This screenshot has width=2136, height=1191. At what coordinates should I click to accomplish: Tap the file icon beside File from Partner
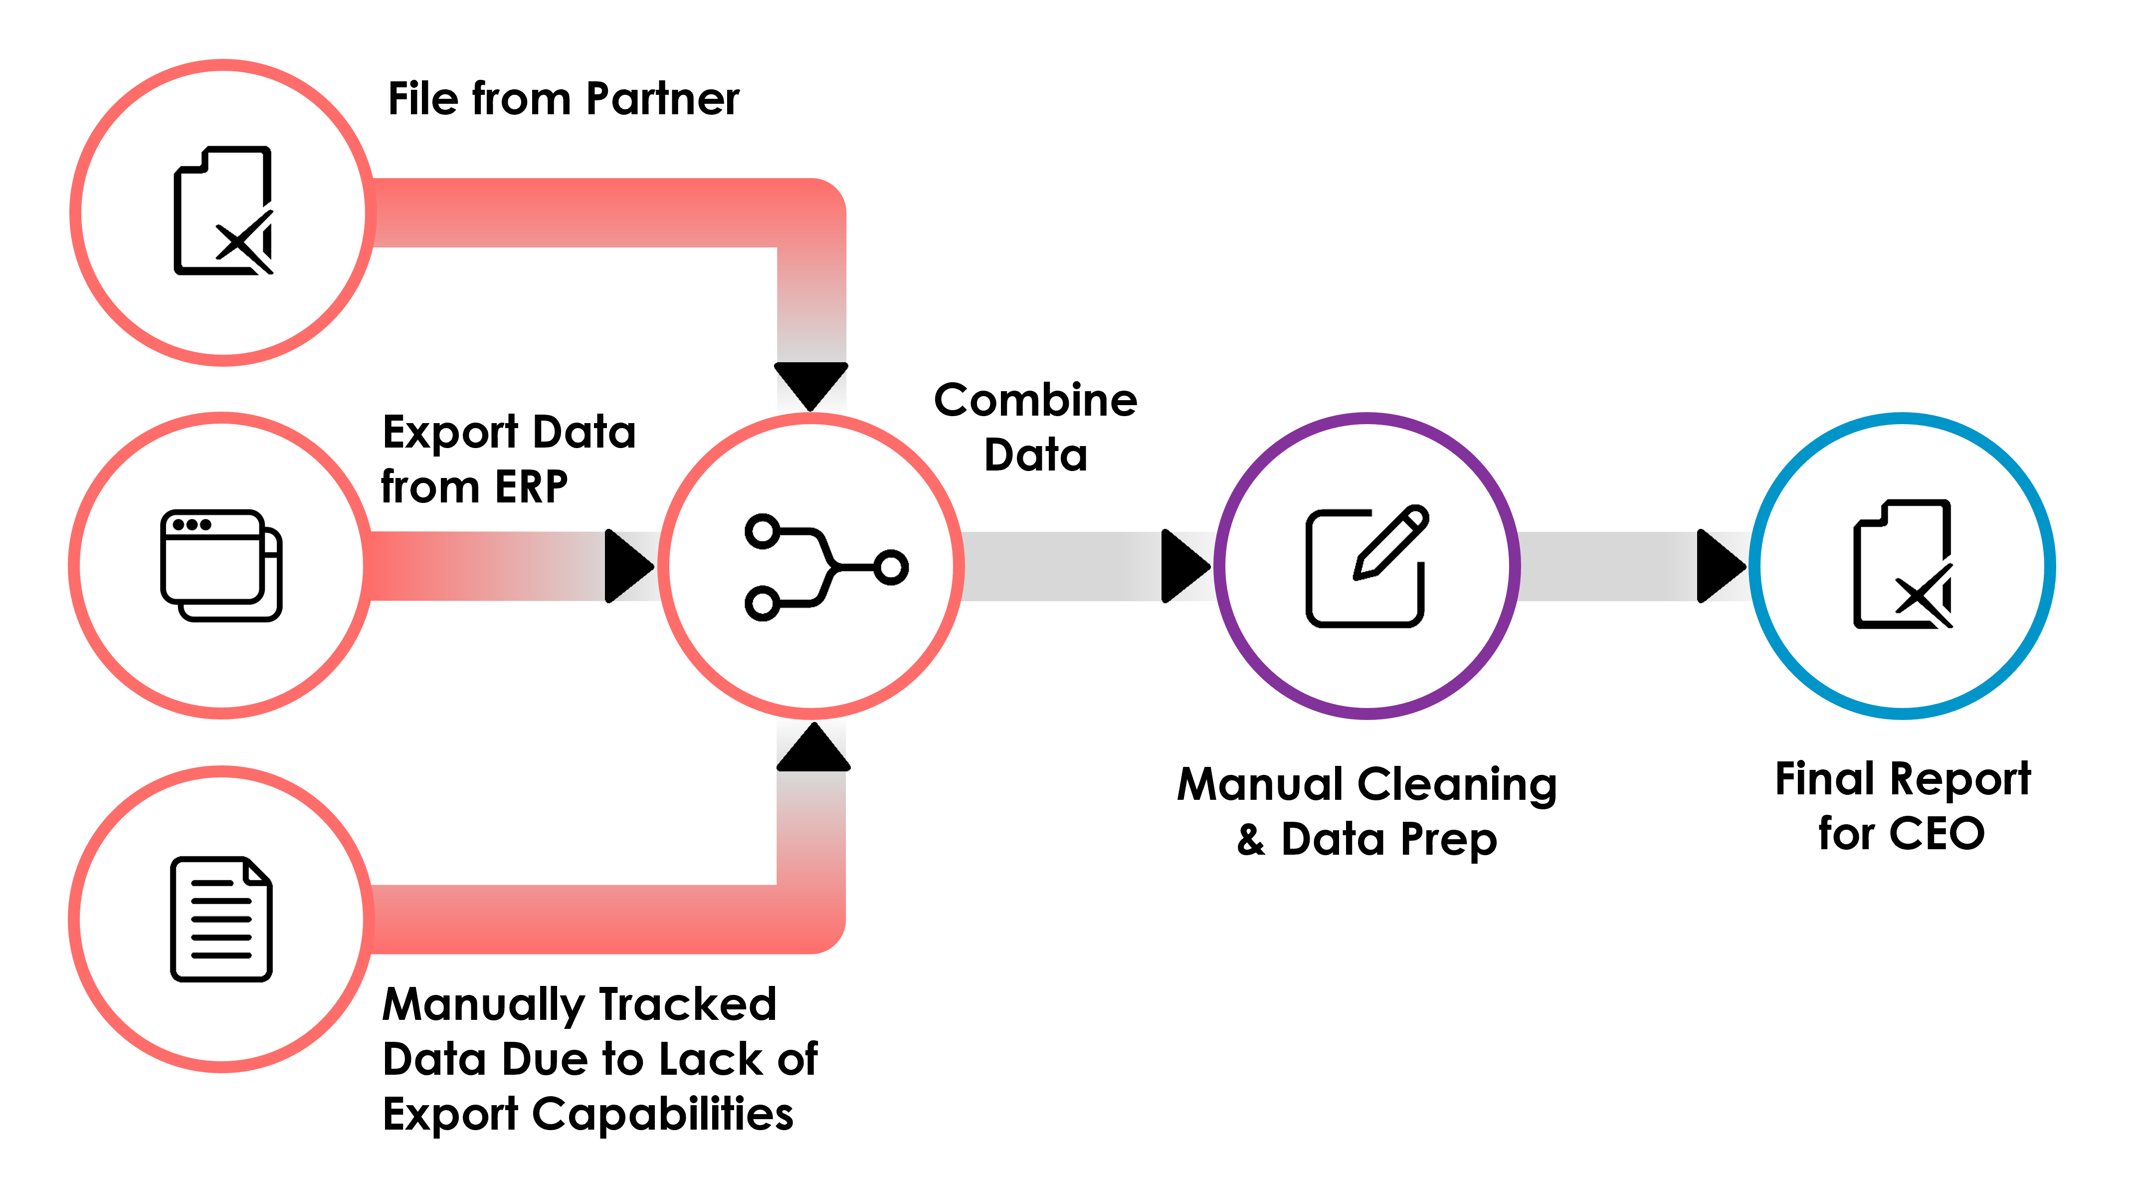point(223,211)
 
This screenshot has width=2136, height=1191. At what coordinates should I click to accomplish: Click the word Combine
point(1036,401)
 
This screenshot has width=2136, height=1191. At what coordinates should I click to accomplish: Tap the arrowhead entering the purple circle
point(1186,566)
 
